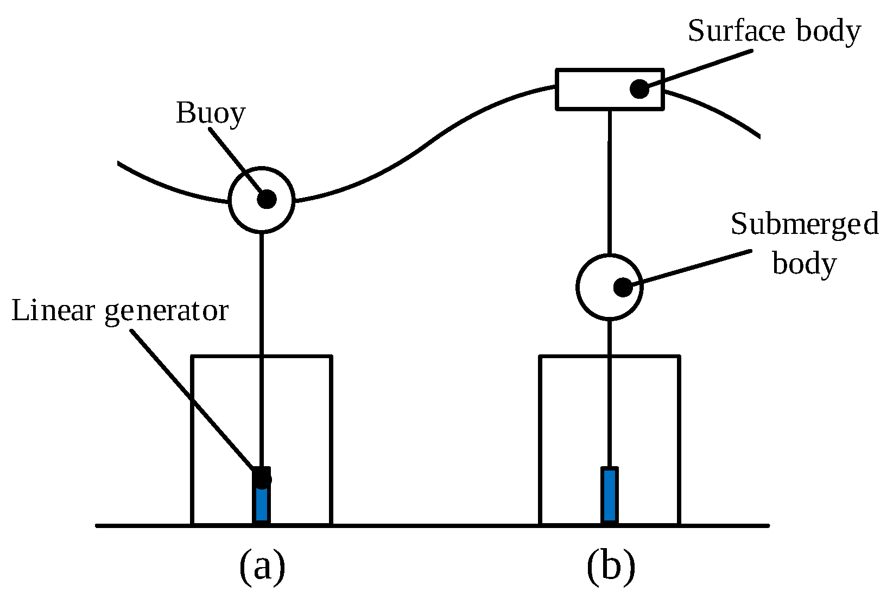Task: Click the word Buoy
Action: tap(211, 114)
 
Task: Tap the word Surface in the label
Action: tap(737, 31)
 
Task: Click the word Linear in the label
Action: tap(53, 310)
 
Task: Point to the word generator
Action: tap(167, 313)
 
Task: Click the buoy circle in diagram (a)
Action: tap(229, 199)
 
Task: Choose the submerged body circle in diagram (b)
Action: tap(577, 287)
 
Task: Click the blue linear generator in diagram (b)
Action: tap(610, 495)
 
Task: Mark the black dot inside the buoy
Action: tap(267, 199)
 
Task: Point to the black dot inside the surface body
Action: tap(639, 89)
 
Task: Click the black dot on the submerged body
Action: tap(623, 287)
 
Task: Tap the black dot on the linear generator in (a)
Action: tap(262, 478)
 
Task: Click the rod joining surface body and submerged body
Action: tap(610, 182)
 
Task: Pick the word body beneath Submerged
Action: tap(804, 264)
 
